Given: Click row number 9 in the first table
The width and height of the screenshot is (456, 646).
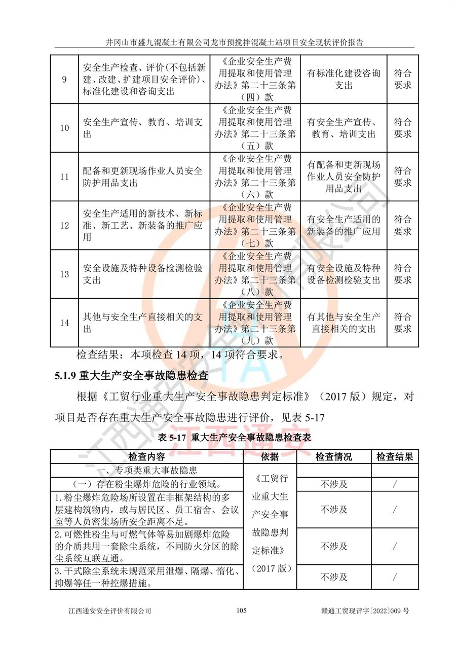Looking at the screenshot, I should pos(64,80).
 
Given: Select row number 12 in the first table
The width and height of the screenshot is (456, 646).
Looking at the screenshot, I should pos(64,226).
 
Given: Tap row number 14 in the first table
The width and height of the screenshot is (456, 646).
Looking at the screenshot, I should pos(64,323).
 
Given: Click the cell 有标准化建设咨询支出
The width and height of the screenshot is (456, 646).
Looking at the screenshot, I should pos(344,80).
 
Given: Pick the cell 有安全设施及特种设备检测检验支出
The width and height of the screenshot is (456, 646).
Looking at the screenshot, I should pos(344,274).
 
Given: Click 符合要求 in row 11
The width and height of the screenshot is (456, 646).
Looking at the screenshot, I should pos(403,177).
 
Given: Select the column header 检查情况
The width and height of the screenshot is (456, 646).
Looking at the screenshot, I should pos(333,457).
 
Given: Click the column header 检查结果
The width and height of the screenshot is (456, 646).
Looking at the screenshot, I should pos(394,457).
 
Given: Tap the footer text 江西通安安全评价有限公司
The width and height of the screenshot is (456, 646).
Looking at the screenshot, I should pos(110,611).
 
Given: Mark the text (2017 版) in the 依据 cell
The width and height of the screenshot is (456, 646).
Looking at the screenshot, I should pos(274,568).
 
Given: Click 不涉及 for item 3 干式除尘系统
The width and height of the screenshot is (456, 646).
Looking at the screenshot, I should pos(333,577).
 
